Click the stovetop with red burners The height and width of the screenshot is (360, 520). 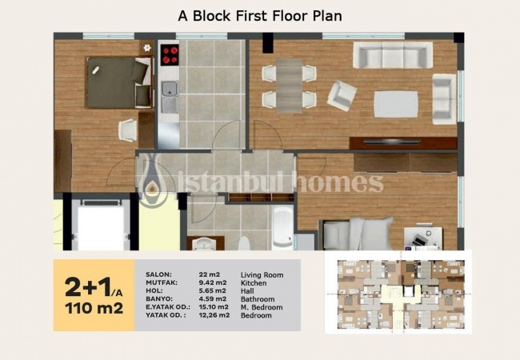[x=170, y=55]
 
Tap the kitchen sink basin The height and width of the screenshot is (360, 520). [x=169, y=89]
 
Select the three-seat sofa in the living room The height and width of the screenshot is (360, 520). [x=393, y=55]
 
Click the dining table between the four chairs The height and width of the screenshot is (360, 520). [x=289, y=86]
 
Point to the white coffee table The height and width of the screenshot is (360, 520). [x=396, y=104]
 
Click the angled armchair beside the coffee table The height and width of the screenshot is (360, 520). [x=342, y=95]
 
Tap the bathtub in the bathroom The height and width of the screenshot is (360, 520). [x=282, y=227]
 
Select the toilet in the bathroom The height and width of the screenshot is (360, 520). [x=245, y=244]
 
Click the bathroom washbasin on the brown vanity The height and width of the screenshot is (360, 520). [x=204, y=244]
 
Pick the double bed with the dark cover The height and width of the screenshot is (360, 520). [x=119, y=83]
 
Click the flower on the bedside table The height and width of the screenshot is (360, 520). [x=147, y=48]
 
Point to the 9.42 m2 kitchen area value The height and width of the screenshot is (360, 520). [x=213, y=282]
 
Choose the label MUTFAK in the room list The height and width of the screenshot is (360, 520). [x=162, y=282]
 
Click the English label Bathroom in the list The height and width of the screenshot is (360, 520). [x=258, y=299]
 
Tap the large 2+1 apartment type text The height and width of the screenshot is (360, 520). [x=88, y=286]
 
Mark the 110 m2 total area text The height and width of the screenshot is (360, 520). [x=94, y=308]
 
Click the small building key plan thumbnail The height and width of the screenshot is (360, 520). [x=398, y=293]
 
